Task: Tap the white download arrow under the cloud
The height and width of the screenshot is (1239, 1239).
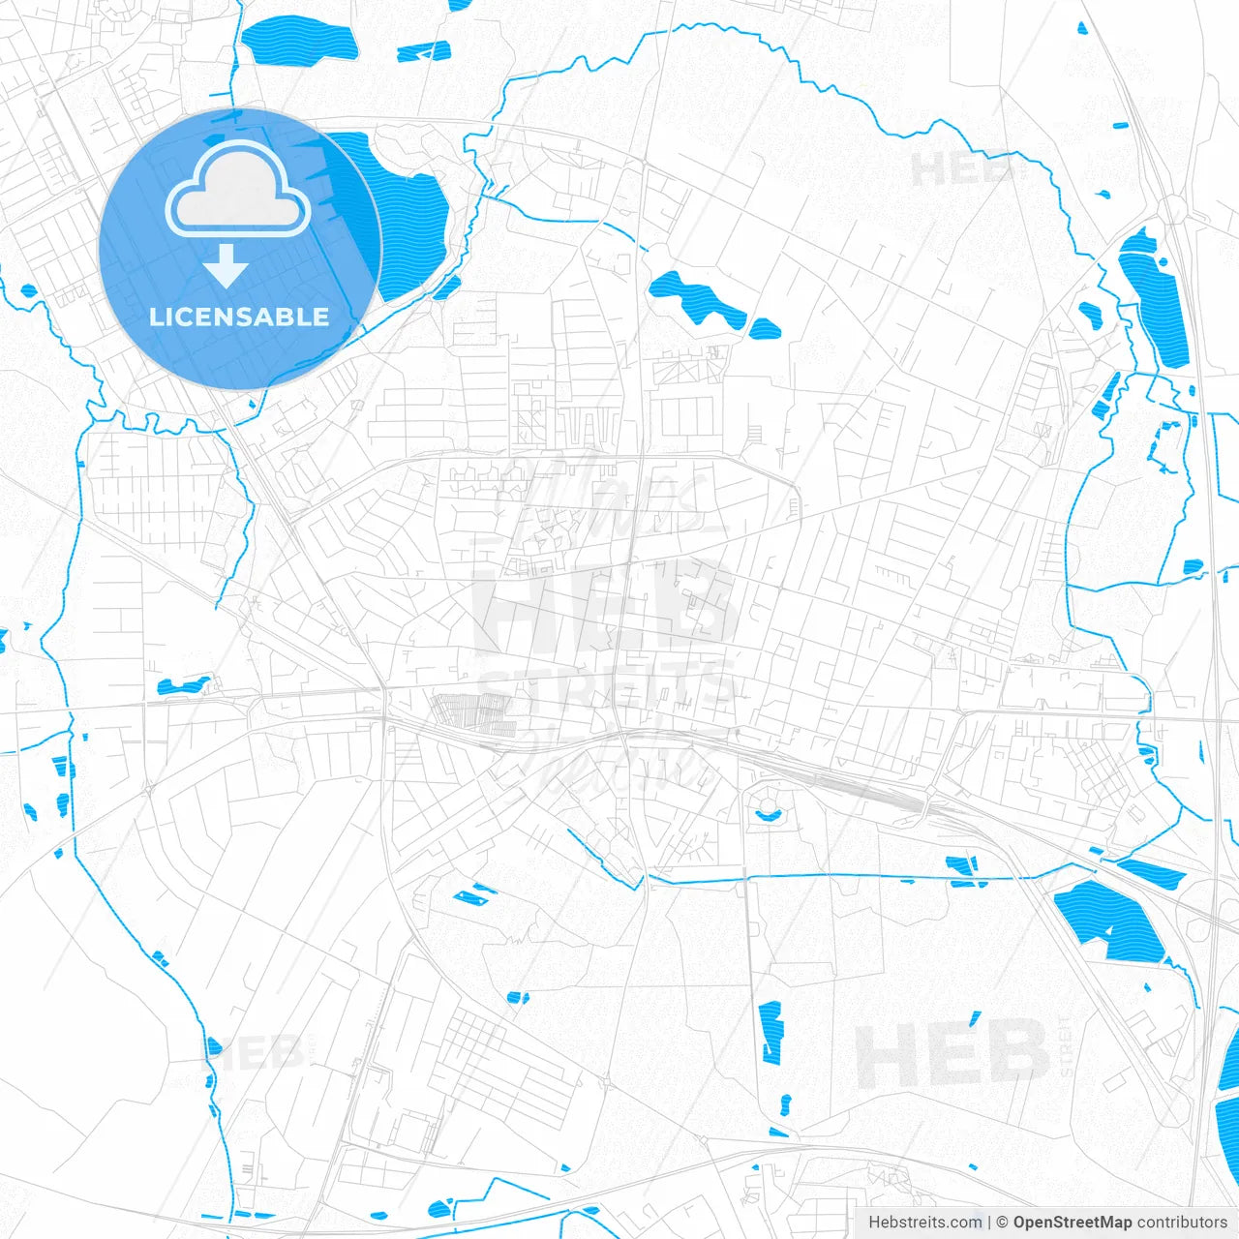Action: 227,266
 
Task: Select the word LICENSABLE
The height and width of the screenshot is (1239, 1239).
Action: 239,317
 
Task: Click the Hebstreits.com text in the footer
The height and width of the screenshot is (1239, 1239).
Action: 925,1223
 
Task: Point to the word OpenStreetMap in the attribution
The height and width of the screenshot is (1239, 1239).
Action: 1072,1223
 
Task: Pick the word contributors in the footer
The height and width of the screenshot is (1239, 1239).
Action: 1181,1223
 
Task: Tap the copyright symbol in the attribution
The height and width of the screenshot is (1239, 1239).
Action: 1002,1223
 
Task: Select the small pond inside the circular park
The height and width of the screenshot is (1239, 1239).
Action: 769,814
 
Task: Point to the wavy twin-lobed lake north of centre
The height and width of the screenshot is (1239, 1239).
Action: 695,298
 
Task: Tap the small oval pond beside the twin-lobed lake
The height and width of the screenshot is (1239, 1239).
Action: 765,329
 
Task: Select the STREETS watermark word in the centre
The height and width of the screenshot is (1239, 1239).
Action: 605,685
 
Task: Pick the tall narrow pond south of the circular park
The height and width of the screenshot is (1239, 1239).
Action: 771,1032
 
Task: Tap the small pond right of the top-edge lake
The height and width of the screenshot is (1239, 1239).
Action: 424,51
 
